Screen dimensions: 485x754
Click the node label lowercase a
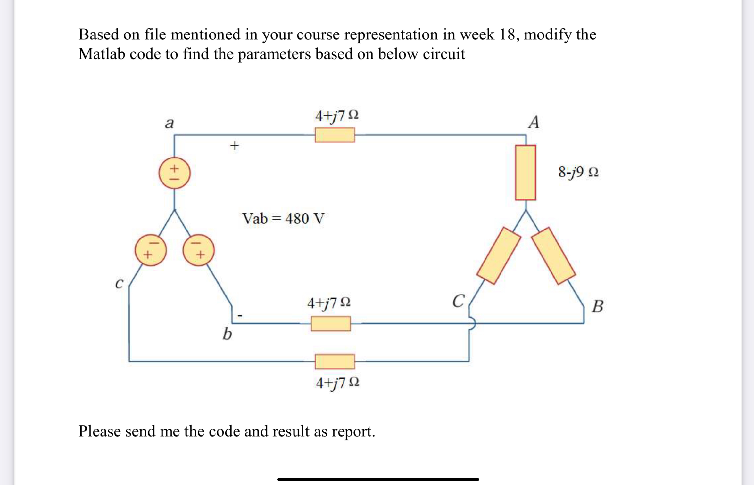pyautogui.click(x=169, y=123)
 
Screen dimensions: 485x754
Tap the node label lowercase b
pyautogui.click(x=227, y=334)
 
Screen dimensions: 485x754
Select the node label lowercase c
pyautogui.click(x=119, y=283)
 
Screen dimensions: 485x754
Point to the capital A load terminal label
pyautogui.click(x=534, y=122)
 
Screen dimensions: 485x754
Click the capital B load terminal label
pyautogui.click(x=597, y=306)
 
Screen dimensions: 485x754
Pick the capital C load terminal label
pyautogui.click(x=458, y=301)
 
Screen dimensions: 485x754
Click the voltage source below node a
pyautogui.click(x=174, y=173)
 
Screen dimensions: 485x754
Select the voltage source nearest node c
pyautogui.click(x=150, y=250)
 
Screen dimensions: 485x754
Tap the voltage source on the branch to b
pyautogui.click(x=198, y=250)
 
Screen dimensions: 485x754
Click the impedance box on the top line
pyautogui.click(x=335, y=135)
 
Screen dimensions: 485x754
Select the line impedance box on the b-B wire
pyautogui.click(x=330, y=323)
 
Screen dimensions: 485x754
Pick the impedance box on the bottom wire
pyautogui.click(x=335, y=361)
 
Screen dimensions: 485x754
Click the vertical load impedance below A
pyautogui.click(x=525, y=173)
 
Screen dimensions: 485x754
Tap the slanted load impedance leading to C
pyautogui.click(x=498, y=255)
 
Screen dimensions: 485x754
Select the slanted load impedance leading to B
pyautogui.click(x=553, y=255)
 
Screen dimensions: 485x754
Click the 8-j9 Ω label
pyautogui.click(x=578, y=172)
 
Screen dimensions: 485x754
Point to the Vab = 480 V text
pyautogui.click(x=283, y=219)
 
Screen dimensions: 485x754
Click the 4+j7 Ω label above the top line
pyautogui.click(x=336, y=116)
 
